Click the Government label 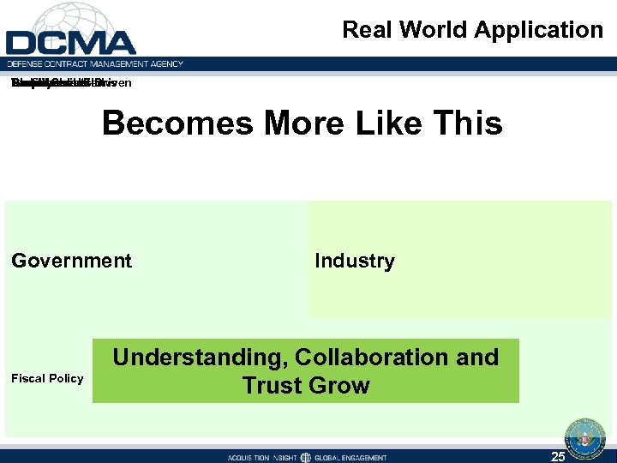point(72,261)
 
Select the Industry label point(355,261)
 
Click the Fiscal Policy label point(47,378)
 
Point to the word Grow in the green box point(343,385)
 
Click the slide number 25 point(558,456)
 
